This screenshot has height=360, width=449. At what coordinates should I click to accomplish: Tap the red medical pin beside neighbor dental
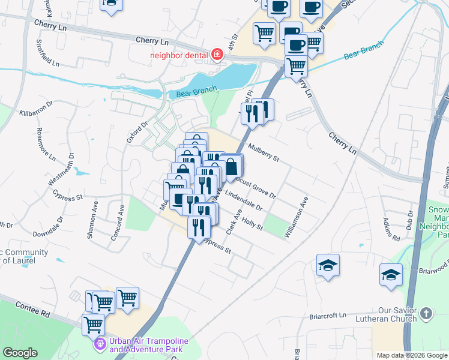(x=217, y=56)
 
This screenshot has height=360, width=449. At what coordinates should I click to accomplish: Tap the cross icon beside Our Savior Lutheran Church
(x=426, y=313)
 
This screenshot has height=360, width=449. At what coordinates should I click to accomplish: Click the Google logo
(x=20, y=353)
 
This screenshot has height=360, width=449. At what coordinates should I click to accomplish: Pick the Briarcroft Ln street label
(x=328, y=315)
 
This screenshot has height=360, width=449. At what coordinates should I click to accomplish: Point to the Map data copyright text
(x=411, y=355)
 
